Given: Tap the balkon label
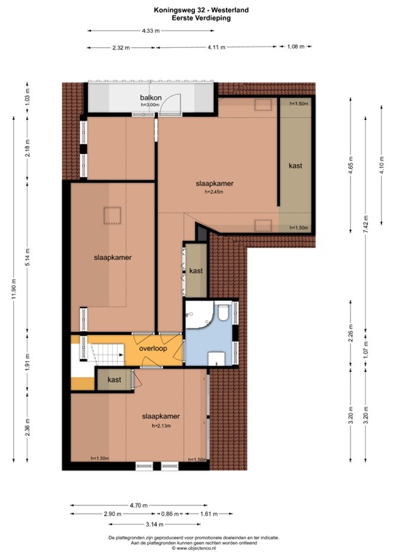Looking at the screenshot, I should coord(151,98).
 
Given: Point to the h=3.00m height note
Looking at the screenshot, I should coord(151,106).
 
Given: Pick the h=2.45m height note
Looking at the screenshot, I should coord(218,193).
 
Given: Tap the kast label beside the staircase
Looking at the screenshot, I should coord(114,380).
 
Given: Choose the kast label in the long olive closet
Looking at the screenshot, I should coord(295,166).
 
